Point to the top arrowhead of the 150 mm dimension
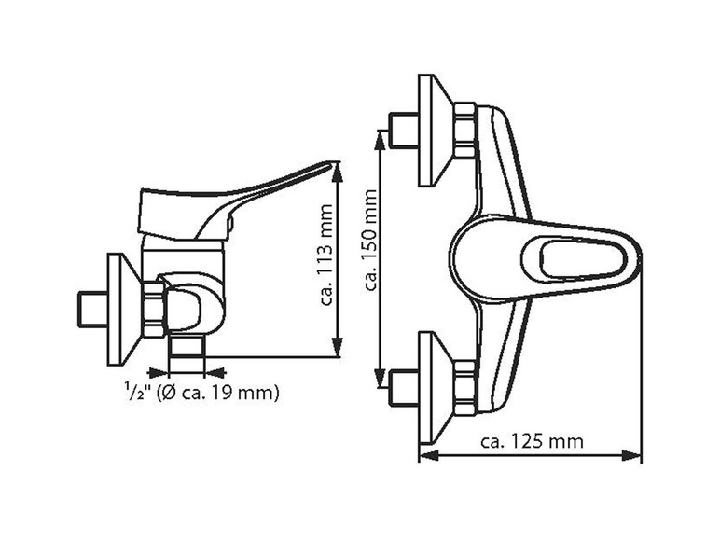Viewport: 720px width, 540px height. point(381,136)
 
